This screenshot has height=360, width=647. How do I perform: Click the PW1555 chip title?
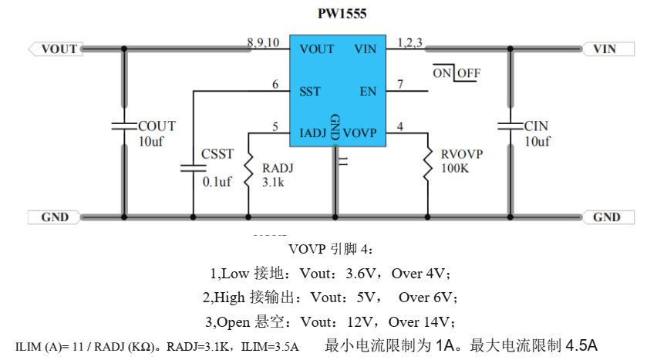pyautogui.click(x=342, y=14)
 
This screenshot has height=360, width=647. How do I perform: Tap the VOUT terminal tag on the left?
pyautogui.click(x=57, y=49)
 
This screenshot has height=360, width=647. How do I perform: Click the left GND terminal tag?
pyautogui.click(x=55, y=217)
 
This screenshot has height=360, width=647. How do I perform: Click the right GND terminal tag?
pyautogui.click(x=607, y=217)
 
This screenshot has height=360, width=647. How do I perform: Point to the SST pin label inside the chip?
pyautogui.click(x=310, y=91)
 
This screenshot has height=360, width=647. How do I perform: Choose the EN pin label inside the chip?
pyautogui.click(x=368, y=91)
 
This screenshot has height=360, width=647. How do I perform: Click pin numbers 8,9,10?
pyautogui.click(x=263, y=42)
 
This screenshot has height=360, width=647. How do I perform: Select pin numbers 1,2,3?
pyautogui.click(x=409, y=42)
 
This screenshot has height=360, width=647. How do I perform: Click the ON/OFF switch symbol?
pyautogui.click(x=456, y=73)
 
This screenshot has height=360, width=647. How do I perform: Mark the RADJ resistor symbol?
pyautogui.click(x=249, y=170)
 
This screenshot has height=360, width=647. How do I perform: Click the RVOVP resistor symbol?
pyautogui.click(x=428, y=167)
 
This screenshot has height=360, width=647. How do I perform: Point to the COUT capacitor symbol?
pyautogui.click(x=123, y=126)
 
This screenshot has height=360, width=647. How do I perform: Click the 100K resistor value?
pyautogui.click(x=455, y=168)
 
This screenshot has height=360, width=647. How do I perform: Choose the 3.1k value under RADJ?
pyautogui.click(x=275, y=183)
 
